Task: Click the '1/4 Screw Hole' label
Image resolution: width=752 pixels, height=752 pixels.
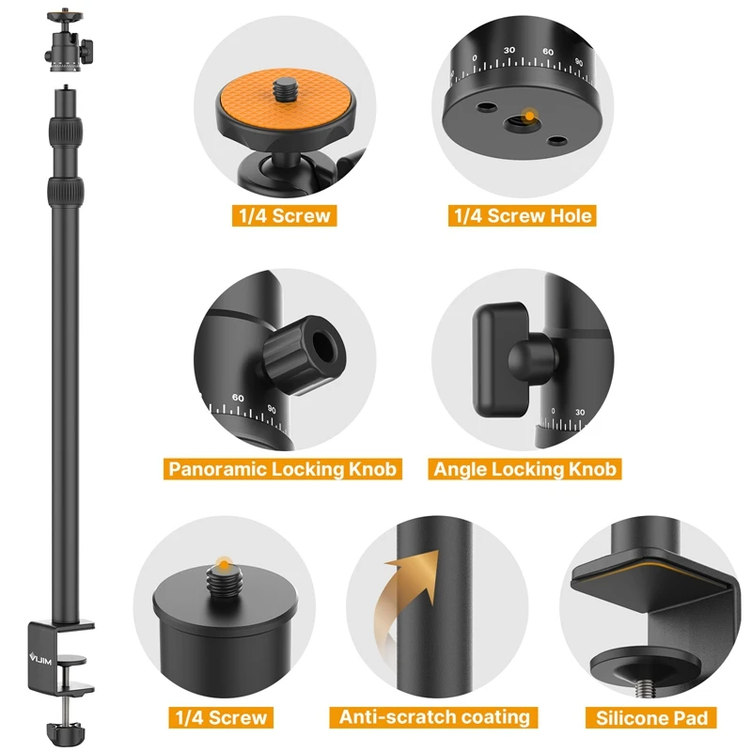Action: (x=523, y=216)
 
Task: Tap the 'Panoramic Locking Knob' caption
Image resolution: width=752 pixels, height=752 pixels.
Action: (x=282, y=468)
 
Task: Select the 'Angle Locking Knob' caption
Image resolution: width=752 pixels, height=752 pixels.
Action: (x=525, y=468)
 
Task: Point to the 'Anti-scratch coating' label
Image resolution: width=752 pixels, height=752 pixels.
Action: (x=434, y=716)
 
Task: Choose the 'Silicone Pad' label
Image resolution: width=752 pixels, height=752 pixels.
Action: (x=651, y=718)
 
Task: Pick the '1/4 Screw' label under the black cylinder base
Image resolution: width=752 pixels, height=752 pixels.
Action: (x=222, y=717)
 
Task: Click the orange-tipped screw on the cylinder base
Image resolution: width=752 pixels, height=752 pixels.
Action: (x=223, y=564)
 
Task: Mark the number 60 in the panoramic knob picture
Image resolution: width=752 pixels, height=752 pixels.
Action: (x=238, y=398)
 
